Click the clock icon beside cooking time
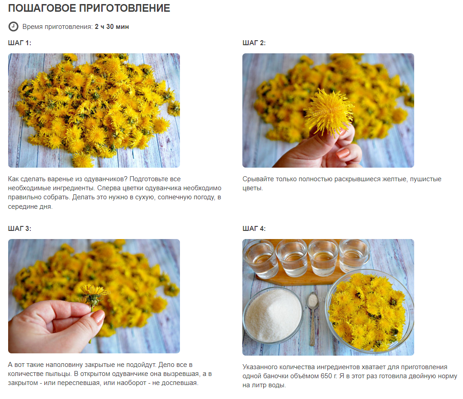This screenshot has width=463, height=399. tap(13, 27)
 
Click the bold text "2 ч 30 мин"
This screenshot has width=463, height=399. tap(112, 27)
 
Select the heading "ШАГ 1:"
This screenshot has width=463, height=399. tap(19, 43)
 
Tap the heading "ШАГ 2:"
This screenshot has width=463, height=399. tap(254, 43)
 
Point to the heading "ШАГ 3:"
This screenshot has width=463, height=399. tap(19, 229)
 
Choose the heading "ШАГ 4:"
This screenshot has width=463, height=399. tap(254, 229)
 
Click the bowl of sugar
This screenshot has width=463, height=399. tap(273, 315)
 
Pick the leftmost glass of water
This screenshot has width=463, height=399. tap(260, 259)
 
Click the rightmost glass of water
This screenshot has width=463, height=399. tap(354, 256)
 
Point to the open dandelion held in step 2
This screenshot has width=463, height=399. tap(329, 112)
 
